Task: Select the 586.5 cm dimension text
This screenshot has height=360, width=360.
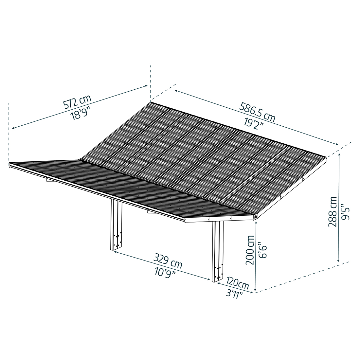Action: click(x=258, y=112)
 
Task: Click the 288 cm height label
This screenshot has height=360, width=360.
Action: click(x=333, y=211)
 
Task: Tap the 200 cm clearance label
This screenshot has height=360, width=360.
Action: click(x=250, y=250)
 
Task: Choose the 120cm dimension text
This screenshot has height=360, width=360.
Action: click(x=237, y=282)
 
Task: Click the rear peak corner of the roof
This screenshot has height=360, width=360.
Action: click(x=151, y=102)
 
